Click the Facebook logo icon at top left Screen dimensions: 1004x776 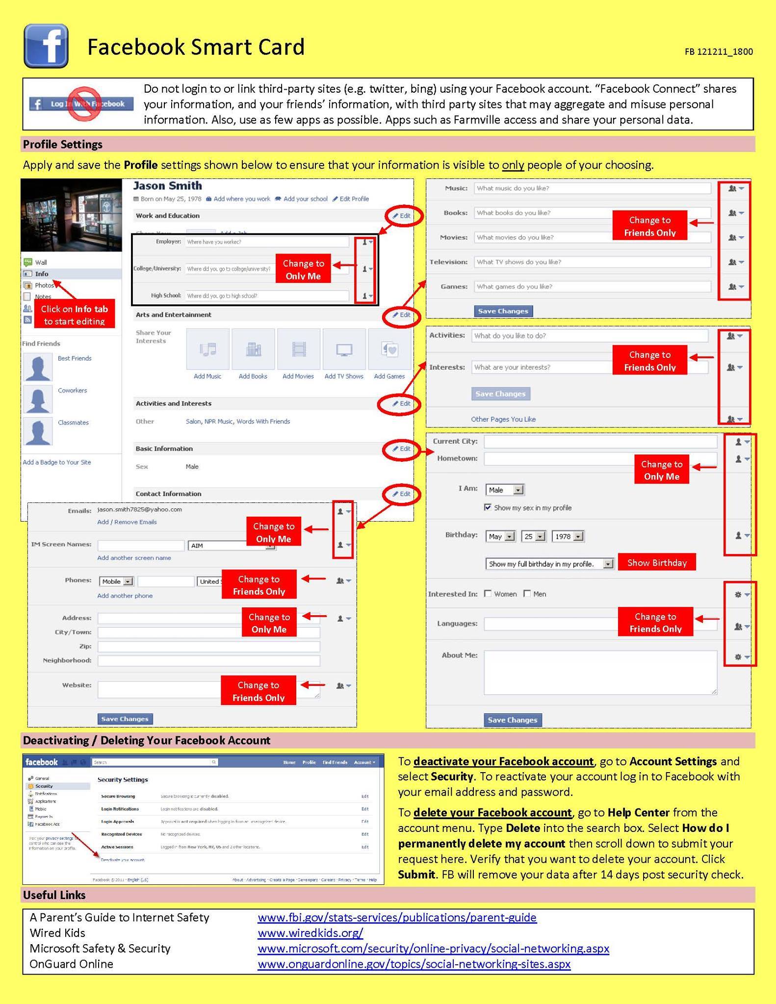tap(46, 46)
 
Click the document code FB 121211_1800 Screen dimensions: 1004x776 tap(718, 51)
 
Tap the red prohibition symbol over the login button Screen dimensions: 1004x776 tap(84, 103)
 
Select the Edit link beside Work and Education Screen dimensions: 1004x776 tap(402, 216)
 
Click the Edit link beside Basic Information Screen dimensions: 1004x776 tap(402, 449)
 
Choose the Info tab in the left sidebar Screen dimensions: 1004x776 tap(42, 274)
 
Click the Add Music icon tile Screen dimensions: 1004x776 tap(207, 349)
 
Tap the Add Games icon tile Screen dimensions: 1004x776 tap(389, 349)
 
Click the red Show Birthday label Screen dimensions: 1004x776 tap(656, 563)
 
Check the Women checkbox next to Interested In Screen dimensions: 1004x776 tap(488, 594)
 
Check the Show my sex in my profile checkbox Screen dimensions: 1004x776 tap(488, 507)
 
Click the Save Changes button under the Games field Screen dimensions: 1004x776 tap(503, 311)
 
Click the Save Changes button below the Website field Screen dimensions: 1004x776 tap(125, 719)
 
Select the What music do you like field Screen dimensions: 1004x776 tap(592, 188)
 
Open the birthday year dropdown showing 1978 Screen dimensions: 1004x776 tap(568, 536)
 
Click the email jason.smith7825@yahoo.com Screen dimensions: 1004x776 tap(140, 509)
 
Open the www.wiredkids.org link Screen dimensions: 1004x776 tap(310, 932)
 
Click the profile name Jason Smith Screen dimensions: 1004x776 tap(167, 186)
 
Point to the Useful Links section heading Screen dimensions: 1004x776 tap(54, 895)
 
